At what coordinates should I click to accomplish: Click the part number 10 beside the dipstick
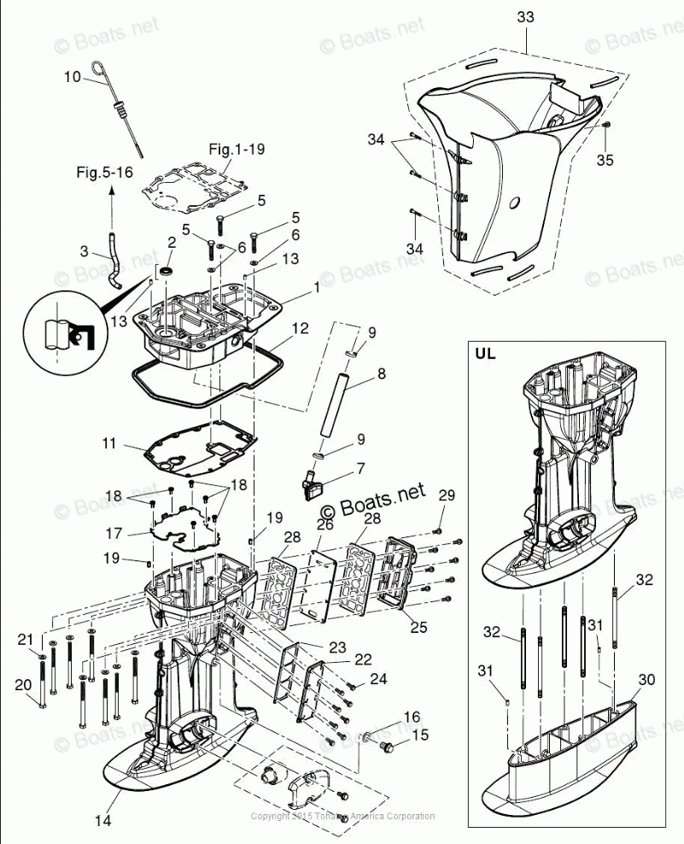pos(73,77)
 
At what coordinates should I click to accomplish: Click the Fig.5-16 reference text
pos(104,172)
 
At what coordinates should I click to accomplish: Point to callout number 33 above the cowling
pos(526,17)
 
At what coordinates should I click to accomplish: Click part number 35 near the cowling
pos(605,160)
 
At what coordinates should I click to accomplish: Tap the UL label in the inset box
pos(485,352)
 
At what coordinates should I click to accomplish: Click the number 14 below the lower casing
pos(102,822)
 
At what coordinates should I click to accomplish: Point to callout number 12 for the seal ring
pos(300,327)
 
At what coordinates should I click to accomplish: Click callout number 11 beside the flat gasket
pos(108,443)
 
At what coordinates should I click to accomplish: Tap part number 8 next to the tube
pos(381,373)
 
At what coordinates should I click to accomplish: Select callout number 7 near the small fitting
pos(360,468)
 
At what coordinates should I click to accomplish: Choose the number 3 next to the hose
pos(84,251)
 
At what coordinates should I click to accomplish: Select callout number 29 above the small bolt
pos(447,495)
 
